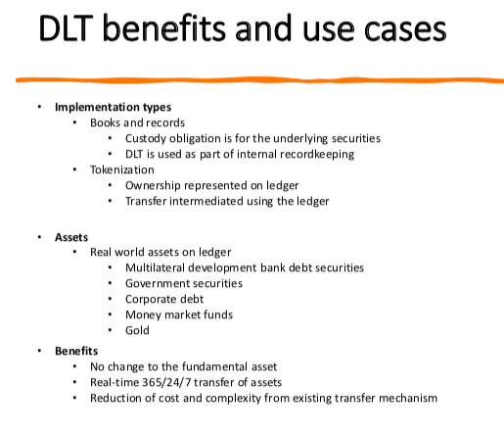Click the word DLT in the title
pos(67,28)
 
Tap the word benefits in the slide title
pos(164,27)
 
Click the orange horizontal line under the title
pos(259,80)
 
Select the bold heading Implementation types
pos(113,107)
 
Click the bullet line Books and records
pos(137,122)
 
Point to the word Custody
pos(146,139)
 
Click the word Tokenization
pos(122,169)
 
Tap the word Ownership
pos(153,186)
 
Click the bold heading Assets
pos(71,237)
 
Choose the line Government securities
pos(184,283)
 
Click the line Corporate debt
pos(164,299)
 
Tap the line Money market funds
pos(179,314)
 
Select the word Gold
pos(137,330)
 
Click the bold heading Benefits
pos(76,351)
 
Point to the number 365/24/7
pos(166,382)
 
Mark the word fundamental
pos(209,366)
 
